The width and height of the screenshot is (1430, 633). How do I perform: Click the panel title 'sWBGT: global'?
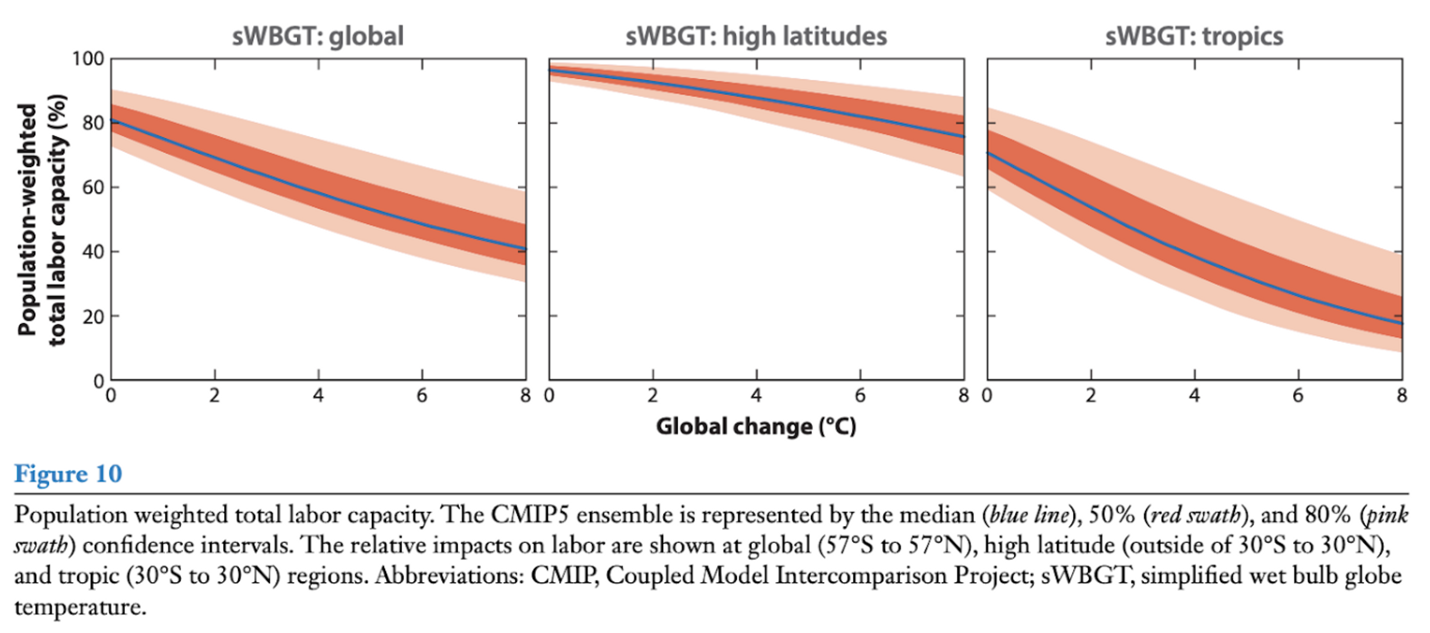[x=318, y=36]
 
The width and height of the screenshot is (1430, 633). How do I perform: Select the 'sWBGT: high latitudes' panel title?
[x=756, y=36]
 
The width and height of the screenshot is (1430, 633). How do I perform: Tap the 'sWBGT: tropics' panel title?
[x=1194, y=36]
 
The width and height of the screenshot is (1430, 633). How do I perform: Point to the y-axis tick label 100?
[x=88, y=59]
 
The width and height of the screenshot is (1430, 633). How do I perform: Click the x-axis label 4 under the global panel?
[x=318, y=395]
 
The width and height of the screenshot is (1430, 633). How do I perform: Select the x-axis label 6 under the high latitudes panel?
[x=860, y=395]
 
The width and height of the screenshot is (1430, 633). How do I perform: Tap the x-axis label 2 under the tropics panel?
[x=1091, y=395]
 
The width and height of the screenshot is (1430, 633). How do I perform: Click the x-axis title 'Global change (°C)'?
[x=756, y=426]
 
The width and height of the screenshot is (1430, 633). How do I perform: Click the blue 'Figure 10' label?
[x=68, y=474]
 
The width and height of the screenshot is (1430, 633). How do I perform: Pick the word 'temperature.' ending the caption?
[x=80, y=606]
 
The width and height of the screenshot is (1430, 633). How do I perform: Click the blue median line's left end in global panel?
[x=113, y=120]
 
